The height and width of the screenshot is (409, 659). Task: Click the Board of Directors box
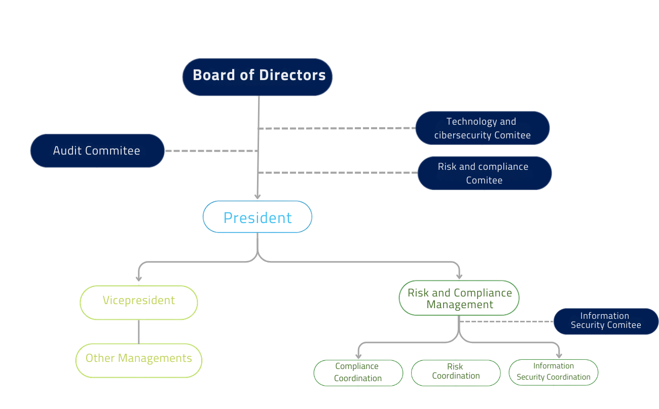(x=258, y=77)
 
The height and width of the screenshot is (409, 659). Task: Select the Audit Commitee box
(x=97, y=151)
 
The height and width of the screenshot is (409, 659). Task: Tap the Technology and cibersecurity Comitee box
(x=482, y=128)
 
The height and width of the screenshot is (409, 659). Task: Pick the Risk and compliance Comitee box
(x=484, y=173)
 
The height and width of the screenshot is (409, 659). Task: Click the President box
(x=258, y=217)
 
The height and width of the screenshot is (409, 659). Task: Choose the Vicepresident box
(x=138, y=303)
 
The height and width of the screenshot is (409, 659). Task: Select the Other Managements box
(x=138, y=360)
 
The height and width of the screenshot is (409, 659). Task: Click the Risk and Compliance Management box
(x=459, y=298)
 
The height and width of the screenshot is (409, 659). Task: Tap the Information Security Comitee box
(x=606, y=321)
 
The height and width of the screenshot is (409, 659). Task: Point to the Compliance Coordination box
(x=358, y=373)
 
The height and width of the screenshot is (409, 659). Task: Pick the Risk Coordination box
(x=456, y=373)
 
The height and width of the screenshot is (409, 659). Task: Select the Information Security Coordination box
(x=553, y=373)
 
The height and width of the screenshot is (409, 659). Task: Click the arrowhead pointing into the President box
(x=258, y=197)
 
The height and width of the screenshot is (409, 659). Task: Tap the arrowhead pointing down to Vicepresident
(x=138, y=278)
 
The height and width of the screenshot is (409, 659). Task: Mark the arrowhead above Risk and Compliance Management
(x=459, y=276)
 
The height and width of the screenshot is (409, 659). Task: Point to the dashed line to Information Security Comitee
(x=507, y=321)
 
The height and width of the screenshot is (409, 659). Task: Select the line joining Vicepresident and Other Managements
(x=138, y=331)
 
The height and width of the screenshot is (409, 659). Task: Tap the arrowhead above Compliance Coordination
(x=358, y=356)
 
